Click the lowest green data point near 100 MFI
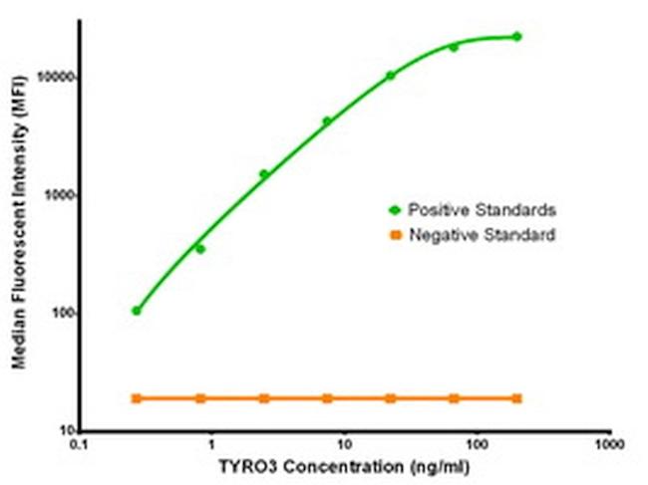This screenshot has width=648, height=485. click(x=137, y=311)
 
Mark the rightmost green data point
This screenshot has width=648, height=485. click(x=516, y=37)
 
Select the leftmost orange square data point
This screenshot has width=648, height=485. click(x=137, y=398)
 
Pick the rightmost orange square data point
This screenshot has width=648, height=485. click(x=516, y=398)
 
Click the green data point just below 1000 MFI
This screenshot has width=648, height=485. click(x=200, y=249)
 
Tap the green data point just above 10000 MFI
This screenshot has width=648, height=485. click(x=390, y=76)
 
